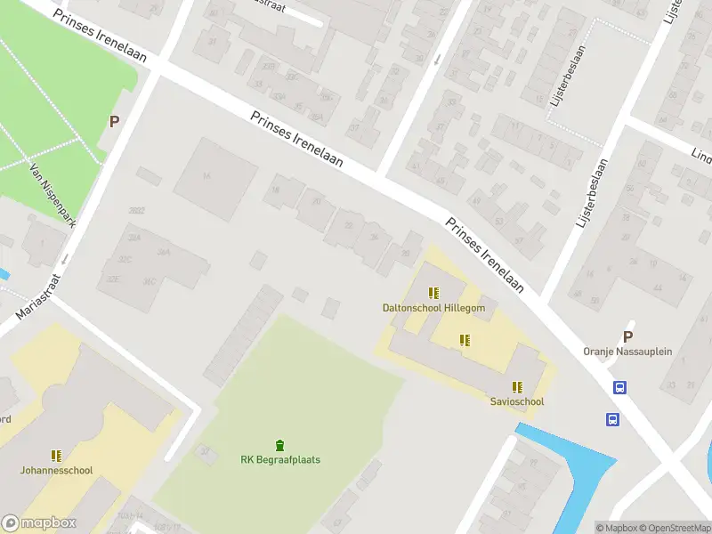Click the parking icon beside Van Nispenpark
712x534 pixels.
click(x=114, y=121)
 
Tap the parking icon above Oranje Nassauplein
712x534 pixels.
click(x=627, y=337)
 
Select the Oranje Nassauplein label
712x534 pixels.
click(x=627, y=352)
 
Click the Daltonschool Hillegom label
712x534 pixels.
click(x=433, y=308)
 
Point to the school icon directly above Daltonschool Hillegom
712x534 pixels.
click(x=433, y=293)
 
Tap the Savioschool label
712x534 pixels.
click(x=516, y=401)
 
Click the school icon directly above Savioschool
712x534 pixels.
click(x=517, y=387)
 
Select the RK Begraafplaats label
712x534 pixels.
click(x=280, y=460)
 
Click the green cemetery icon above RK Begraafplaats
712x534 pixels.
click(x=280, y=445)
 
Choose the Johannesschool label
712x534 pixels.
click(x=56, y=470)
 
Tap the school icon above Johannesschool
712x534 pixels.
click(x=56, y=455)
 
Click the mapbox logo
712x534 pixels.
click(x=39, y=523)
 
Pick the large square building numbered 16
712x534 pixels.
click(x=214, y=179)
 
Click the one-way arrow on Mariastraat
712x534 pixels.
click(x=64, y=260)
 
